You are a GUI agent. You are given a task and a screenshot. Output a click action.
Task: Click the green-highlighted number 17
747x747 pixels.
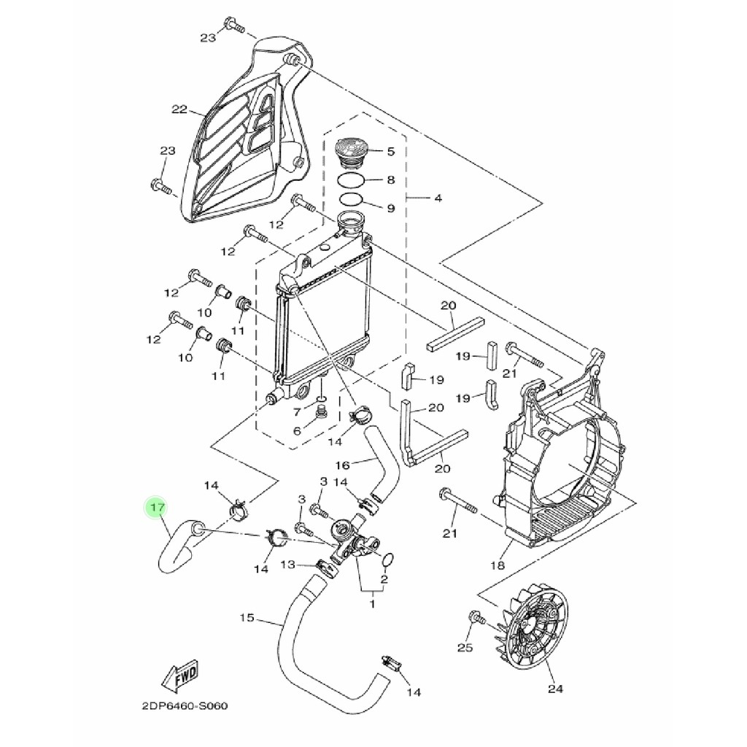pyautogui.click(x=158, y=508)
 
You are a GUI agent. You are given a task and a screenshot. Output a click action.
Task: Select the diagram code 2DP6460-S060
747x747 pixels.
pyautogui.click(x=185, y=705)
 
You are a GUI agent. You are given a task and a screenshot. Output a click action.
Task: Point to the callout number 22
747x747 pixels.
pyautogui.click(x=179, y=109)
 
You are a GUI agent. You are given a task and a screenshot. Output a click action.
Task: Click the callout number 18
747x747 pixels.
pyautogui.click(x=497, y=565)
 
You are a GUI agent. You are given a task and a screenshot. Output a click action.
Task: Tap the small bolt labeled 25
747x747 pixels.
pyautogui.click(x=476, y=619)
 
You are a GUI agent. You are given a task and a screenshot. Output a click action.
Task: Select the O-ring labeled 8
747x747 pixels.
pyautogui.click(x=351, y=182)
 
